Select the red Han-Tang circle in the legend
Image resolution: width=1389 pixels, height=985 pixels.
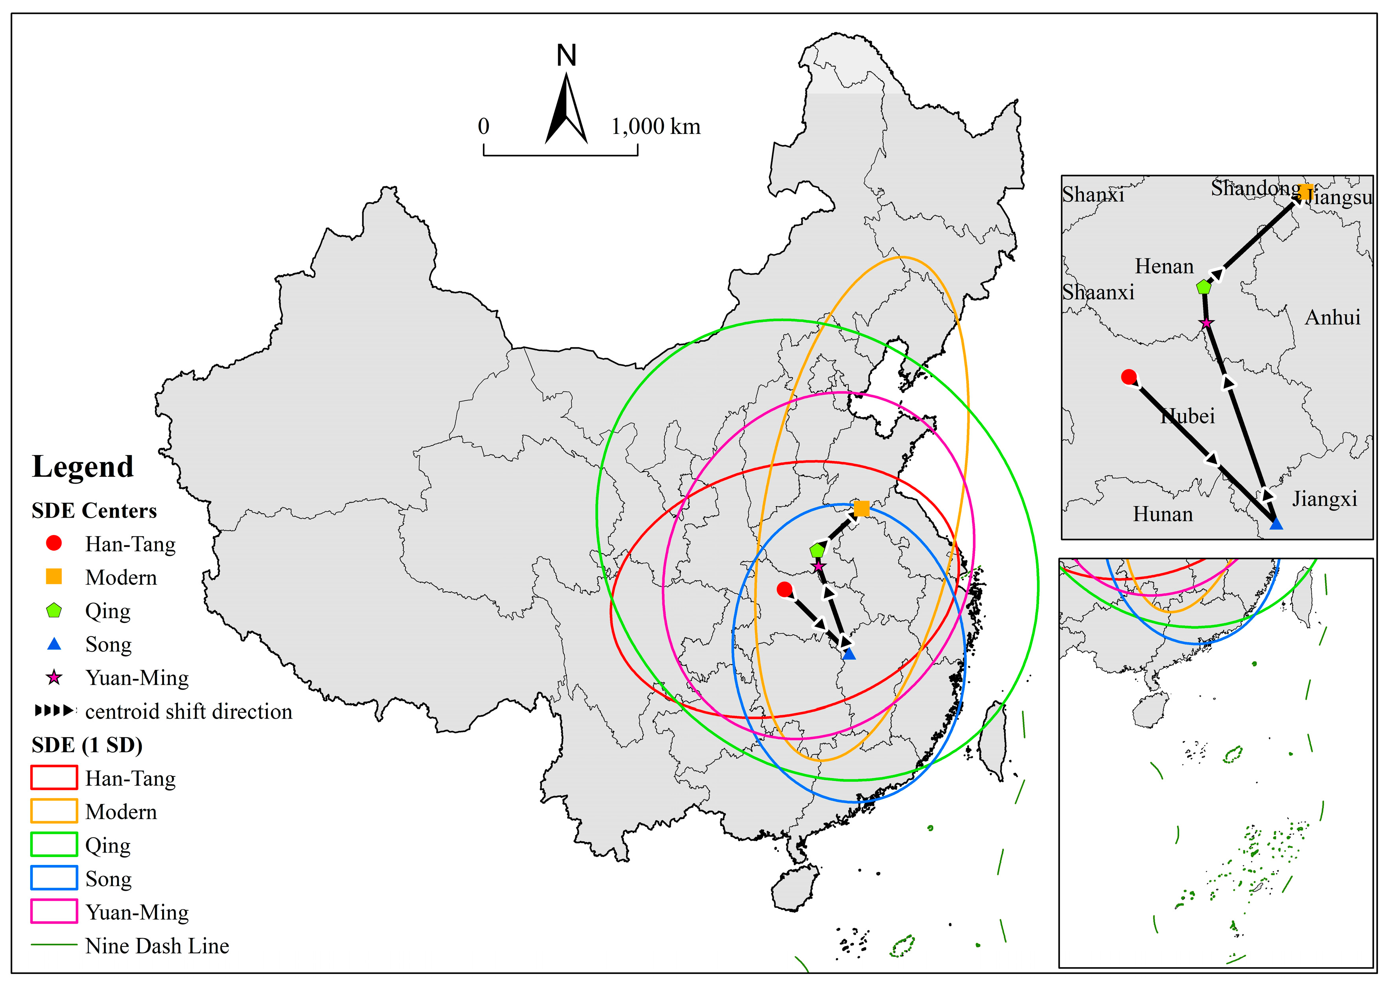[54, 543]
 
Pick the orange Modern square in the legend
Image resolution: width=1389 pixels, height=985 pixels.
[54, 576]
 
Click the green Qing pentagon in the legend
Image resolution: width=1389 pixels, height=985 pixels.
[54, 610]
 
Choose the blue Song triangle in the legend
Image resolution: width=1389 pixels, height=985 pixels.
[54, 644]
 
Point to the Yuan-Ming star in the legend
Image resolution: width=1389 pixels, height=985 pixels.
[54, 677]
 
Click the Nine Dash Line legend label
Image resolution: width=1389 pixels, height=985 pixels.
[157, 946]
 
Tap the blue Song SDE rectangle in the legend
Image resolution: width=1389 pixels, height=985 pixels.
[54, 878]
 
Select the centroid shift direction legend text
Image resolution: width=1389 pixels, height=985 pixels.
[189, 711]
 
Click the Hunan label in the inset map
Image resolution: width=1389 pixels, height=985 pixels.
[1163, 514]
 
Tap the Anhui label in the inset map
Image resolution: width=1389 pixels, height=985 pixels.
[1333, 317]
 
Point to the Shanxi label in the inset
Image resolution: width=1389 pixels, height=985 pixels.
[1093, 195]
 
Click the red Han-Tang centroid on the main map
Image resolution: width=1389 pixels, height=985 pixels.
[784, 589]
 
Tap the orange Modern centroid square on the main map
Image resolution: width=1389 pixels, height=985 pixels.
[861, 509]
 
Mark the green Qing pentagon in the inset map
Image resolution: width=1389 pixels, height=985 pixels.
[1204, 287]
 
